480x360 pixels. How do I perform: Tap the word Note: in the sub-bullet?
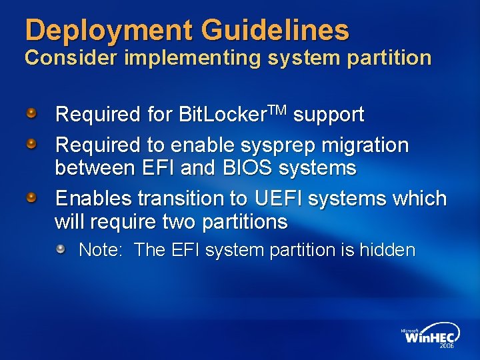click(x=101, y=251)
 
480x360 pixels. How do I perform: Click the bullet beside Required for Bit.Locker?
click(x=32, y=114)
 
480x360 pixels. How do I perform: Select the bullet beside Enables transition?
click(x=32, y=198)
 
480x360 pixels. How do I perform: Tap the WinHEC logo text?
click(x=430, y=337)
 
